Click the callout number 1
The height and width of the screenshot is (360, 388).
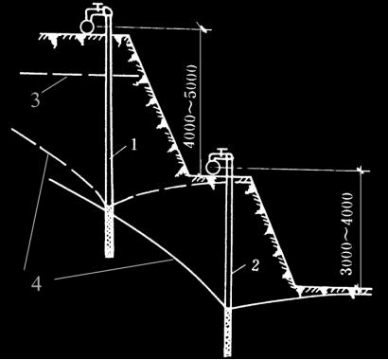(x=134, y=145)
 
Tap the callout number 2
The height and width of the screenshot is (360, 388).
(x=256, y=265)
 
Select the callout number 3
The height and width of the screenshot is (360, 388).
(x=35, y=100)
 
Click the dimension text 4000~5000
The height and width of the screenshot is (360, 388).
(x=191, y=106)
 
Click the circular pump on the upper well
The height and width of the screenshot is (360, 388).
(x=86, y=26)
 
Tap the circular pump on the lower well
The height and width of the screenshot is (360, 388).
(x=212, y=167)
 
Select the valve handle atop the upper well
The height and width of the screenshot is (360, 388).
(x=98, y=6)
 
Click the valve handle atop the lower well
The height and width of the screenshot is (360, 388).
(x=223, y=150)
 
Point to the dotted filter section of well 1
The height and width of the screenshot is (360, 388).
(x=109, y=231)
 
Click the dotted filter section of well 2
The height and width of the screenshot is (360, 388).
(x=228, y=333)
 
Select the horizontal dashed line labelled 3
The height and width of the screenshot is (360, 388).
(x=79, y=75)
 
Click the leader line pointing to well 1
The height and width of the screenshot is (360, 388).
(x=120, y=152)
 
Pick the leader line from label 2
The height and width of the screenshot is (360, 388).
(x=241, y=270)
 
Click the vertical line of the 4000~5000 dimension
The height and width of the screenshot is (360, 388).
(x=201, y=101)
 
